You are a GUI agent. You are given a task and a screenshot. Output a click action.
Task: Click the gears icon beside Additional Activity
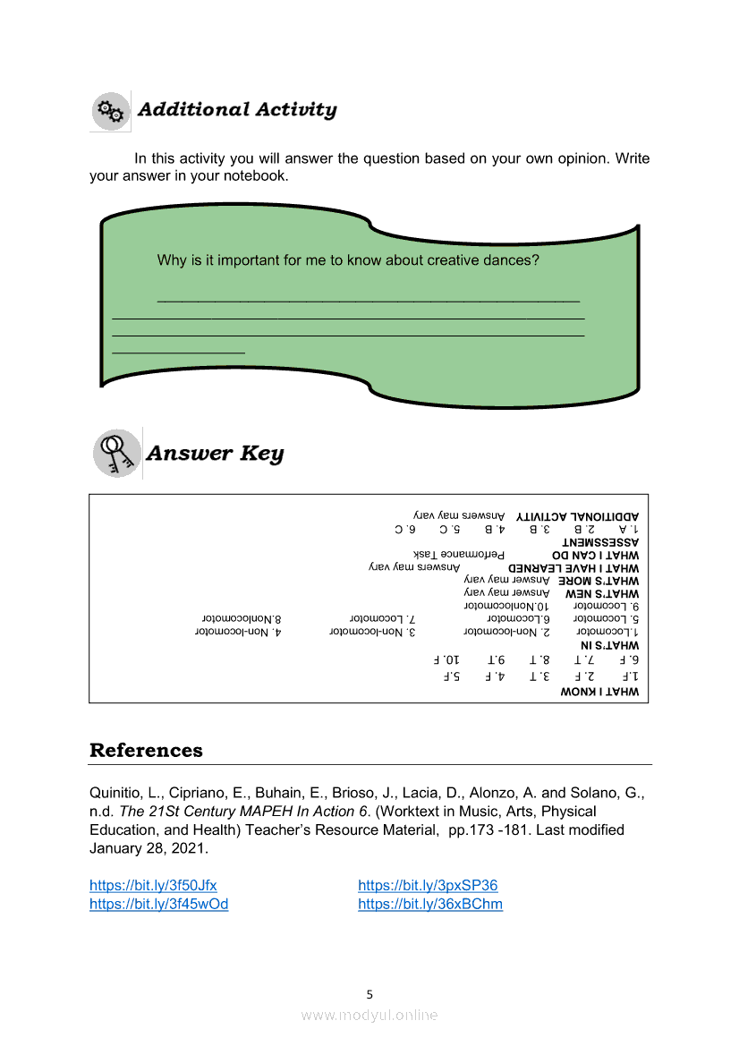pos(110,111)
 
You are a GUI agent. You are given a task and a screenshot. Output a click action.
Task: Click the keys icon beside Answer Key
pos(116,452)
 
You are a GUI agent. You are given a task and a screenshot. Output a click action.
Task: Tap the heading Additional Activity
pos(237,110)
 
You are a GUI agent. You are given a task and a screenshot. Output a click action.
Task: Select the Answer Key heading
pos(215,454)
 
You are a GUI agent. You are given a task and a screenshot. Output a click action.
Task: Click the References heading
pos(146,750)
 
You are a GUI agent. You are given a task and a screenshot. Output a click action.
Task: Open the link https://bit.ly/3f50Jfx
pos(153,886)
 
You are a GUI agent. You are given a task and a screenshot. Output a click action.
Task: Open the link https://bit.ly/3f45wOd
pos(158,904)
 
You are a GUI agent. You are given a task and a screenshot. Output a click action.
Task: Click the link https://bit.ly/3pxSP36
pos(428,886)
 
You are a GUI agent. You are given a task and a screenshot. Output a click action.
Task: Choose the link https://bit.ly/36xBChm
pos(430,904)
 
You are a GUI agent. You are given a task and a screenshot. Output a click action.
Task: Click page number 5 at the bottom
pos(369,994)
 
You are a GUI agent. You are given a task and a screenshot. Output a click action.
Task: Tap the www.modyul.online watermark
pos(369,1015)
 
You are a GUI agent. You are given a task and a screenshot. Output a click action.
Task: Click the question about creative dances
pos(348,261)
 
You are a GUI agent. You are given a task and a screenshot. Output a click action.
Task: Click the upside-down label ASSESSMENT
pos(600,542)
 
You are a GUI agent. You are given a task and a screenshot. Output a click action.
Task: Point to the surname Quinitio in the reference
pos(115,793)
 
